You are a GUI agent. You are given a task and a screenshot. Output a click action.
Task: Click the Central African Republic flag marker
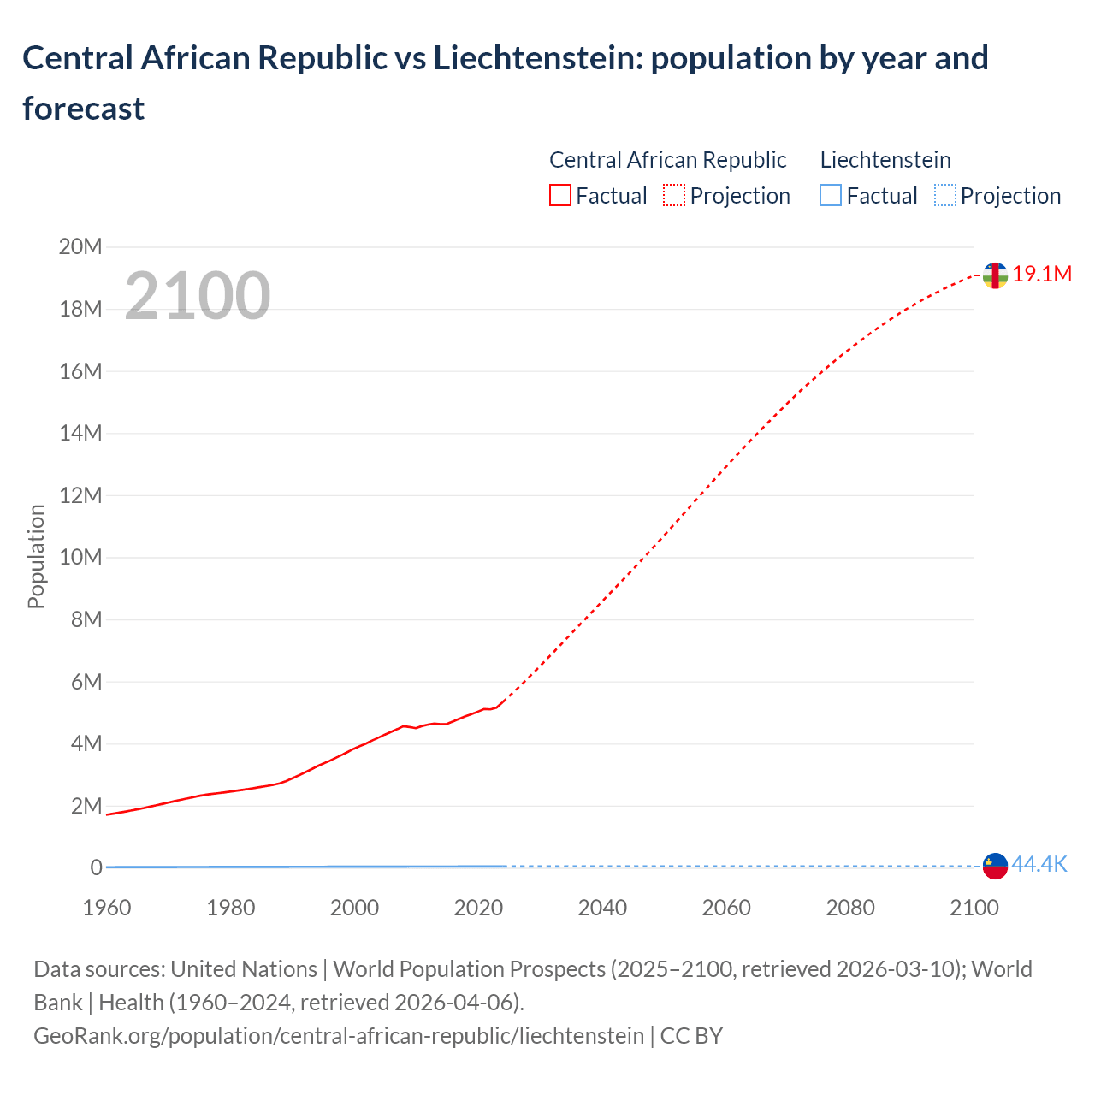pos(994,275)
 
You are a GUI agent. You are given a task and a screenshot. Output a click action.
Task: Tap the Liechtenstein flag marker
pos(994,866)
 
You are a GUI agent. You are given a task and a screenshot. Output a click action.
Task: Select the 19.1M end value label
pos(1042,275)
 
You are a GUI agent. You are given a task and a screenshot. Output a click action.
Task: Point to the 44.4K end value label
pos(1039,865)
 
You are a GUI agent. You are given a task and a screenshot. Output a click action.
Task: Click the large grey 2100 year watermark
pos(198,296)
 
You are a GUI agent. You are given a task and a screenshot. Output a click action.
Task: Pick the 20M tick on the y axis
pos(80,247)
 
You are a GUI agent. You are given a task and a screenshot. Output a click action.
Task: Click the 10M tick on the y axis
pos(80,558)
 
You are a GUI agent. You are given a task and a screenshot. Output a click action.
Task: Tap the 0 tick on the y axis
pos(96,867)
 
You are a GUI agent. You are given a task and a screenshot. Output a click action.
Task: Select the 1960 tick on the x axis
pos(107,908)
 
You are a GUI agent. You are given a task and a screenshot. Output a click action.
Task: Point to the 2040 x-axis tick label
pos(602,908)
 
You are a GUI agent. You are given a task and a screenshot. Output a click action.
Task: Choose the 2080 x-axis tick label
pos(850,908)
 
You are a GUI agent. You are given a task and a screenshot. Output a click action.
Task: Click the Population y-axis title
pos(36,556)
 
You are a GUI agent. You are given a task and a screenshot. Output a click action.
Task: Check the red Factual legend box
pos(560,196)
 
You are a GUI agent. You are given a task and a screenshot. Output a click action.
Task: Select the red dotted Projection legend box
pos(674,196)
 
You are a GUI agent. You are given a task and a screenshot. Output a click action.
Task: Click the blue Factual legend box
pos(831,196)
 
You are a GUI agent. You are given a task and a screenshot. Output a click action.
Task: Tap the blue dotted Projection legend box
pos(944,196)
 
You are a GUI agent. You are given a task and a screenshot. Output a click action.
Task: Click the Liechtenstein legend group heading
pos(885,160)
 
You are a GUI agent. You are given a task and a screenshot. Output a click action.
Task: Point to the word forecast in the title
pos(84,109)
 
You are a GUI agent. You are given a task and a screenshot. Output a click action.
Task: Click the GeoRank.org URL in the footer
pos(339,1036)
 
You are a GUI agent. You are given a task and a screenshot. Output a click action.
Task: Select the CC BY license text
pos(691,1036)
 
